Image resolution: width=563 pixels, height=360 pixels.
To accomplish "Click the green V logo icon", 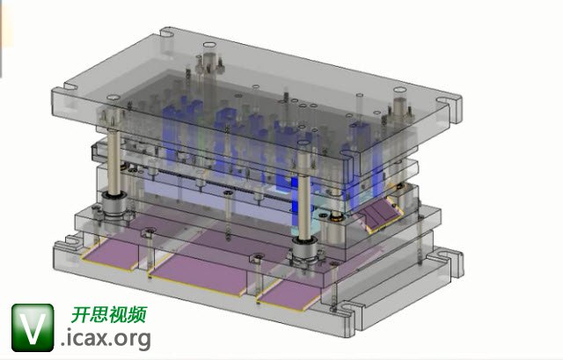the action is (x=33, y=327).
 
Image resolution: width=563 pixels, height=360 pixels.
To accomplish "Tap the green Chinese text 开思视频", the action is (x=109, y=315).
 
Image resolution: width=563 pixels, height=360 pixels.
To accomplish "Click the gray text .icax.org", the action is (x=106, y=339).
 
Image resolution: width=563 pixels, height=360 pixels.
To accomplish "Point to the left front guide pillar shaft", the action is (x=113, y=162).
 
